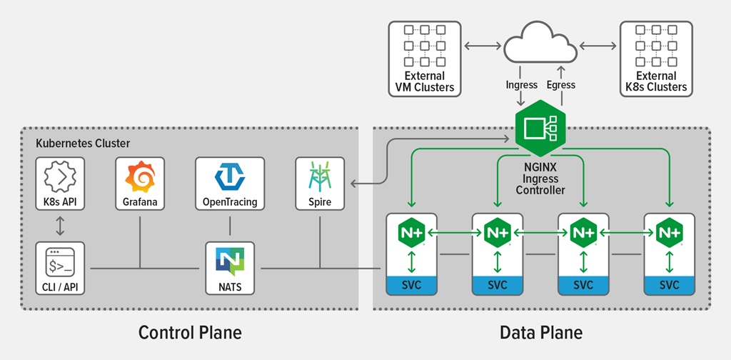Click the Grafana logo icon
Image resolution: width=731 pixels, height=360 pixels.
pos(139,176)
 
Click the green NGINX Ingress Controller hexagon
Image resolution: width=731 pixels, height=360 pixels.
pos(540,129)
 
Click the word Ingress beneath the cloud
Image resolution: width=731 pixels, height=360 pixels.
pos(521,84)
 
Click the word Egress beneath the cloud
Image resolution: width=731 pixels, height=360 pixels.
pos(560,84)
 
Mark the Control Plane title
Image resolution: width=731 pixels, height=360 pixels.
pos(190,333)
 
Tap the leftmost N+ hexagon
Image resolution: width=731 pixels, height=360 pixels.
pos(411,233)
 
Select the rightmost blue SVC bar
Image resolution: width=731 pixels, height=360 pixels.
pos(669,286)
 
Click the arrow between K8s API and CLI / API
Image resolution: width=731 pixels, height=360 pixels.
pos(60,226)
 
